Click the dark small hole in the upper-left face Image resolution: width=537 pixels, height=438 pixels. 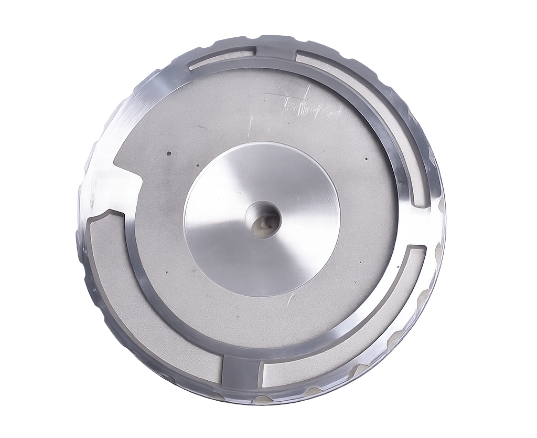click(169, 154)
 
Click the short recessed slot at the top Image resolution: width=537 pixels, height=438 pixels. click(223, 58)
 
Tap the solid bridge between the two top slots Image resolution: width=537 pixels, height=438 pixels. click(276, 56)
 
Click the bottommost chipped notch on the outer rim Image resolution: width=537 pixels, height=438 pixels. click(261, 400)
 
